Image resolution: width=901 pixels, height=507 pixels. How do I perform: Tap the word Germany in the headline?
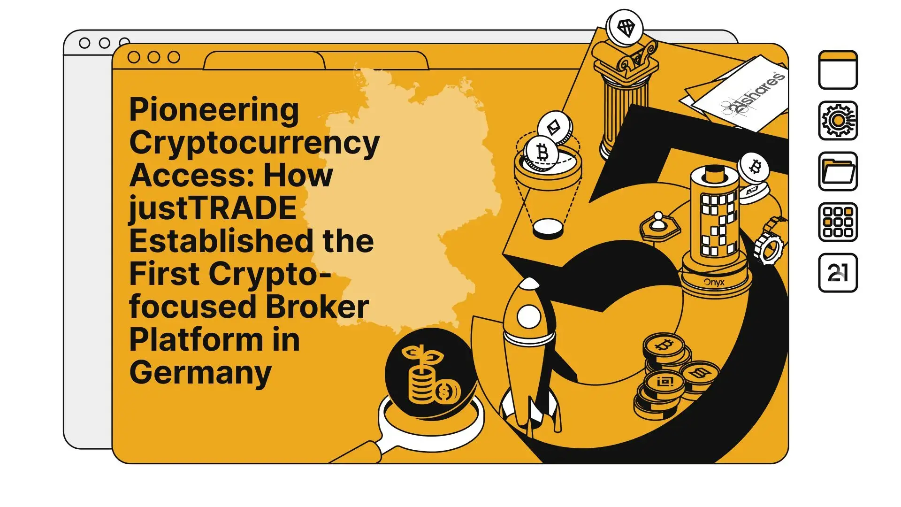[200, 373]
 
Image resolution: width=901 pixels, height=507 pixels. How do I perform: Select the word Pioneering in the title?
[214, 110]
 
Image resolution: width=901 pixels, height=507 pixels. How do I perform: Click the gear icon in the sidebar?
[838, 121]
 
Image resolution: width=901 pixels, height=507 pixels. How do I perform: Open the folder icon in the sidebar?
[838, 171]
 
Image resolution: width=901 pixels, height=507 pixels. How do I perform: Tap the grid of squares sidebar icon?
[838, 222]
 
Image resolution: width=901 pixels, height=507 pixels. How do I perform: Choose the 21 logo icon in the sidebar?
[838, 273]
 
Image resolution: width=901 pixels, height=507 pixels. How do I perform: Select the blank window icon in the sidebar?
[838, 70]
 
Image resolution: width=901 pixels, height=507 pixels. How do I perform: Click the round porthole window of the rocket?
[529, 317]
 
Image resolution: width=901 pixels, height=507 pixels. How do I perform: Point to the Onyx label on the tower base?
[714, 283]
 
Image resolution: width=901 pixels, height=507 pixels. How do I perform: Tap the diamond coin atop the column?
[625, 28]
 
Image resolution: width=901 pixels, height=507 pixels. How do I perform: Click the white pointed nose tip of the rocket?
[530, 283]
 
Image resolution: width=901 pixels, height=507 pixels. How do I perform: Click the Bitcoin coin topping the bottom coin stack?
[664, 346]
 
